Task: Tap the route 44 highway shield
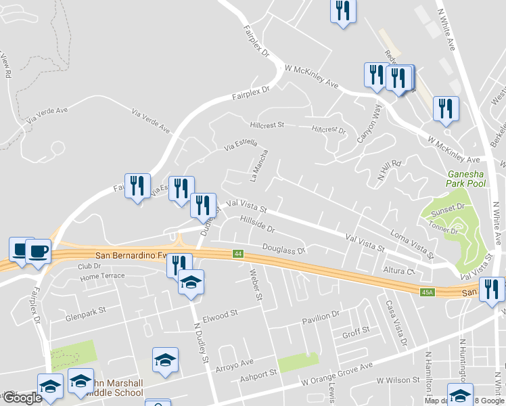tap(237, 254)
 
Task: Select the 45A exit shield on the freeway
tap(427, 292)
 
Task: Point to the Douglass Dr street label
tap(284, 250)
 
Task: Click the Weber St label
tap(256, 284)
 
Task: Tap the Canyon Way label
tap(369, 123)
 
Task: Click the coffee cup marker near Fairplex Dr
tap(38, 252)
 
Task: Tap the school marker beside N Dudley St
tap(191, 281)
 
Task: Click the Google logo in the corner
tap(22, 398)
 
